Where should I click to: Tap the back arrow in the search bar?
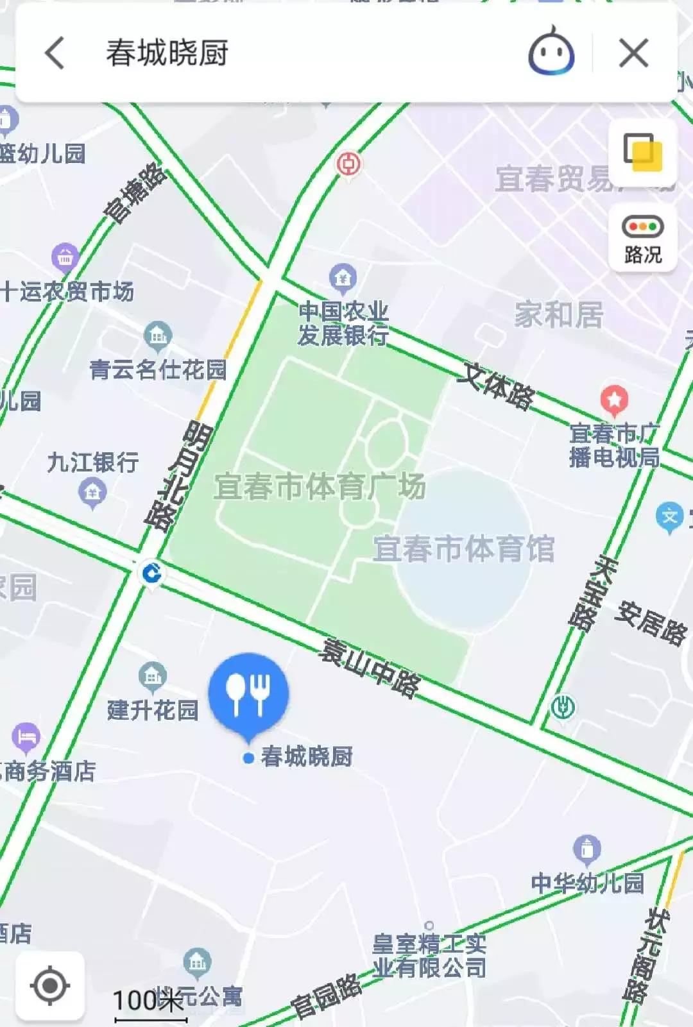pyautogui.click(x=55, y=53)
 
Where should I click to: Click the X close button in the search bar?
pyautogui.click(x=633, y=53)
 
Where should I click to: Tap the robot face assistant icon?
pyautogui.click(x=551, y=53)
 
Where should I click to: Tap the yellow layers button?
pyautogui.click(x=642, y=153)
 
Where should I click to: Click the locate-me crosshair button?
pyautogui.click(x=50, y=985)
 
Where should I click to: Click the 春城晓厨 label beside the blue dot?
pyautogui.click(x=306, y=757)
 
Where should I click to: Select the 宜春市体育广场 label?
pyautogui.click(x=320, y=486)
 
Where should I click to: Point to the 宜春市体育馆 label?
pyautogui.click(x=463, y=549)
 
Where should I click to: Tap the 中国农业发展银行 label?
pyautogui.click(x=343, y=323)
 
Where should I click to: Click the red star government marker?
pyautogui.click(x=614, y=400)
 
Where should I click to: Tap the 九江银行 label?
pyautogui.click(x=93, y=462)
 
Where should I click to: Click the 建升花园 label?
pyautogui.click(x=153, y=710)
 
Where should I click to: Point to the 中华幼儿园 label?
pyautogui.click(x=587, y=883)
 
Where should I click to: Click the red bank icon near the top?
pyautogui.click(x=349, y=164)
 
